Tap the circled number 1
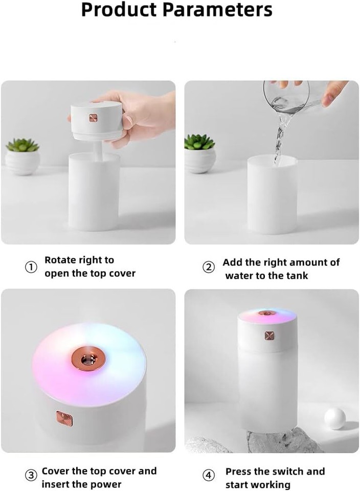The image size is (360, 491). point(31,267)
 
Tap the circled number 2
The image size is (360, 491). point(209,267)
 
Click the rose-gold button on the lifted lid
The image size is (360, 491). point(93,119)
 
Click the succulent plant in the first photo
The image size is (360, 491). point(22,145)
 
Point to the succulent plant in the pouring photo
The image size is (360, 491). point(199,143)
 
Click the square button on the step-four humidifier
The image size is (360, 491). point(269,336)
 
